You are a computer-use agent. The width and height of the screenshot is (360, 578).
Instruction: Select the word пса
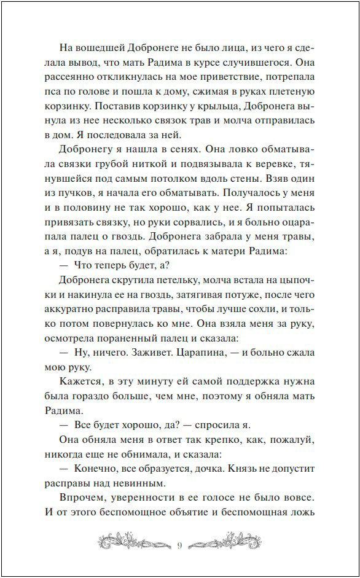tap(54, 92)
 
